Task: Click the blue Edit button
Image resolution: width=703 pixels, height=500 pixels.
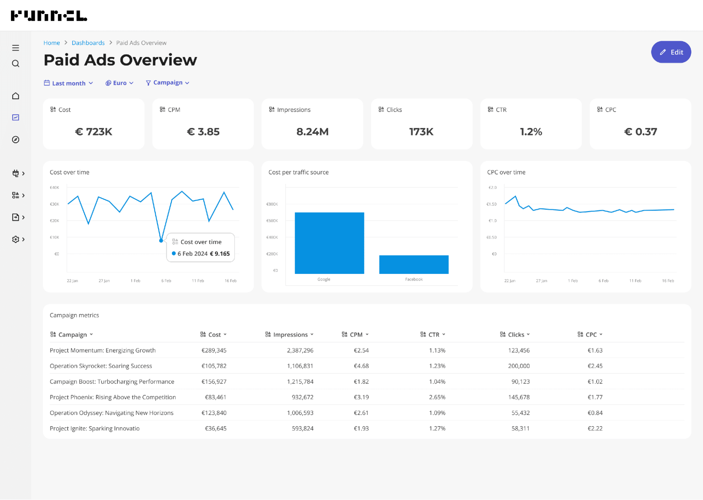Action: (x=671, y=52)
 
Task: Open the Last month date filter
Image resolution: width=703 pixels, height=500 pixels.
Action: (x=69, y=83)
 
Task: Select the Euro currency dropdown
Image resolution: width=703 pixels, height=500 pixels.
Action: (x=119, y=83)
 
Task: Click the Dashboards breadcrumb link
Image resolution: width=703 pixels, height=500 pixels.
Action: (x=88, y=43)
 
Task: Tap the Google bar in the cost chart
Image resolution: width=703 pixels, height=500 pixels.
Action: (x=329, y=243)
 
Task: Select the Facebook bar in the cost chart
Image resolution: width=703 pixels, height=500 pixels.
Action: (x=414, y=264)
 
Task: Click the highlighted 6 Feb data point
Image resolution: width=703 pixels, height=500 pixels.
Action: (x=161, y=241)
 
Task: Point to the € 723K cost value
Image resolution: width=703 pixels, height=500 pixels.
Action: (x=94, y=132)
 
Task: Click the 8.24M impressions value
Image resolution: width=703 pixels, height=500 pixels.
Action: (x=312, y=132)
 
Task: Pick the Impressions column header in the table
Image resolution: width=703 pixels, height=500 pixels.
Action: (x=290, y=335)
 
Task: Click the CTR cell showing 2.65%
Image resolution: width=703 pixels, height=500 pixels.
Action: (x=437, y=397)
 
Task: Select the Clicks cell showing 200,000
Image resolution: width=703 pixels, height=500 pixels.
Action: (x=519, y=366)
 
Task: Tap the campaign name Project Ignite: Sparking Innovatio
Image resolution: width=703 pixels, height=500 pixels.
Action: (x=95, y=429)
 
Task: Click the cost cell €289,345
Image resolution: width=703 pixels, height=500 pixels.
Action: (x=214, y=351)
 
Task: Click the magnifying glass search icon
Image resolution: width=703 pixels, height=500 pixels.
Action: (x=15, y=64)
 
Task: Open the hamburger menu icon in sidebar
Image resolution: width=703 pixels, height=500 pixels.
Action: (x=15, y=48)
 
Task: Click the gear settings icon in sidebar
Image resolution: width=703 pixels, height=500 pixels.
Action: (x=15, y=239)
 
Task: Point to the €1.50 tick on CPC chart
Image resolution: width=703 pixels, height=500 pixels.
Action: (x=491, y=204)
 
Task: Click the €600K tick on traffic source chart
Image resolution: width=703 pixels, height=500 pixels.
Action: (x=272, y=221)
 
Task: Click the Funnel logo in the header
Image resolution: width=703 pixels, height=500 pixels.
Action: (x=49, y=16)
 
